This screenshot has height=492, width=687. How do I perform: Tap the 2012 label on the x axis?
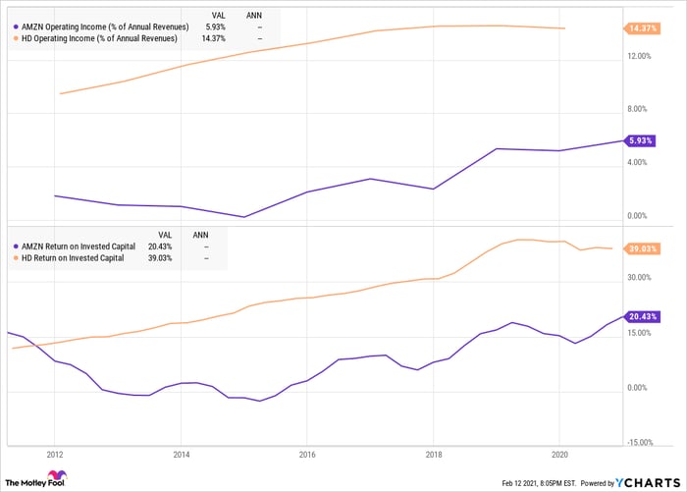(x=54, y=456)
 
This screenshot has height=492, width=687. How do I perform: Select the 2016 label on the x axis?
(x=306, y=456)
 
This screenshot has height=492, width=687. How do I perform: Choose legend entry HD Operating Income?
(x=97, y=38)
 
